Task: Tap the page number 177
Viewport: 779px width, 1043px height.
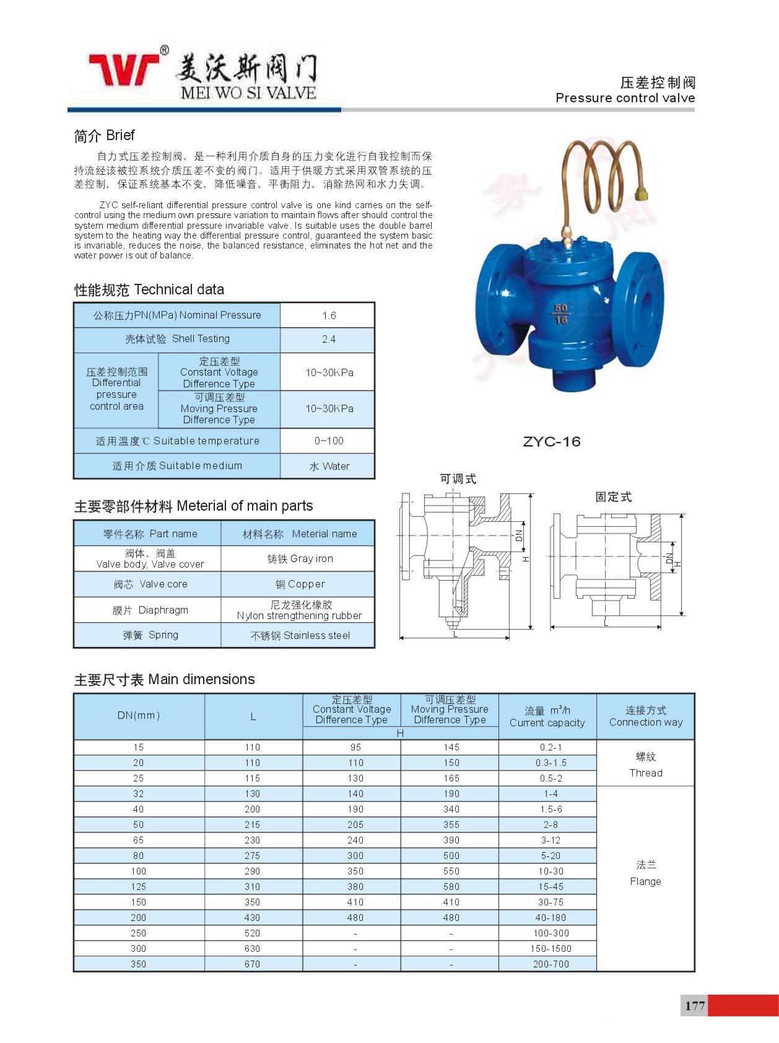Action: (x=695, y=1005)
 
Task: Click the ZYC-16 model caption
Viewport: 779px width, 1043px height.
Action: (x=551, y=441)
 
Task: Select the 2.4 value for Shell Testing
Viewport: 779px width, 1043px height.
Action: (x=328, y=340)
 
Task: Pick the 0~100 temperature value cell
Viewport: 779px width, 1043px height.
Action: (x=328, y=441)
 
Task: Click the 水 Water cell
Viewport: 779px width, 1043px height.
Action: (x=329, y=466)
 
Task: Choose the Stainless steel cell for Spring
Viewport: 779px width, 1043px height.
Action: (x=300, y=635)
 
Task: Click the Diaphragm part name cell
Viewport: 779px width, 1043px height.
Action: (x=150, y=610)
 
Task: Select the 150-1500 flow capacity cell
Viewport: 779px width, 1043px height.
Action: (x=551, y=948)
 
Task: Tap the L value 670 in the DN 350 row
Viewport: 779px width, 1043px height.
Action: (x=253, y=964)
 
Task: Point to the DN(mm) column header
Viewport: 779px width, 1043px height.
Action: (x=139, y=715)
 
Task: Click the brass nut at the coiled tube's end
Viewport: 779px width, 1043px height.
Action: (x=643, y=191)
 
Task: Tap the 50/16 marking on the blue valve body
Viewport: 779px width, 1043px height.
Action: (x=560, y=314)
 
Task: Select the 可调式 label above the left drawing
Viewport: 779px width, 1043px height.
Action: (x=458, y=479)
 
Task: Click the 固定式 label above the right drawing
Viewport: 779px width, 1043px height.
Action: (x=613, y=497)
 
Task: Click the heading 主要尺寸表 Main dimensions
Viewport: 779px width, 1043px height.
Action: (x=164, y=679)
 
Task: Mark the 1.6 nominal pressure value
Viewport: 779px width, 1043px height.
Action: (x=328, y=315)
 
